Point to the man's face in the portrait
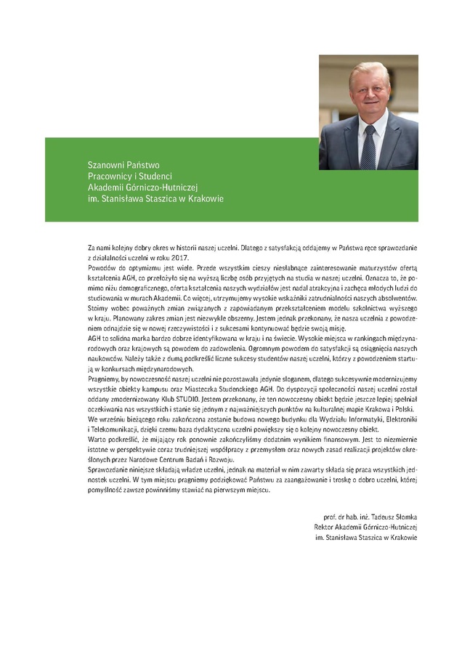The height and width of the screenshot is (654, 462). coord(370,90)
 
